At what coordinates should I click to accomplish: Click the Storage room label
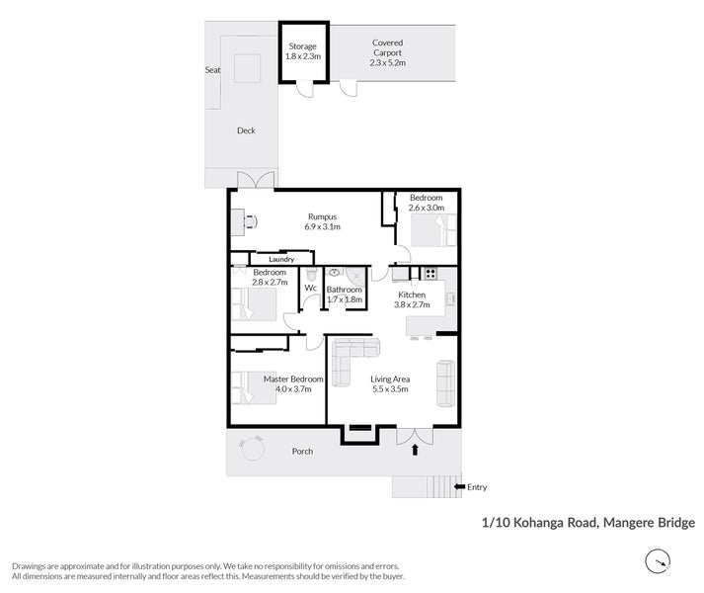click(x=302, y=46)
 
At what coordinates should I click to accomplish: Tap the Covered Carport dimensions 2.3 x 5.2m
click(x=387, y=63)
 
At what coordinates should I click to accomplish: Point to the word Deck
click(x=246, y=130)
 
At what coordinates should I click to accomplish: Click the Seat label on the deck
click(x=213, y=70)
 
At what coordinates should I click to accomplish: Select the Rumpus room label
click(x=322, y=216)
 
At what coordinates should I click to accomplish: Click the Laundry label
click(x=281, y=259)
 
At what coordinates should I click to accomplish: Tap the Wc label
click(x=311, y=288)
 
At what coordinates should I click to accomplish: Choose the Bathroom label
click(x=344, y=290)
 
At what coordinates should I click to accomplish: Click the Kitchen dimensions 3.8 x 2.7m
click(x=412, y=304)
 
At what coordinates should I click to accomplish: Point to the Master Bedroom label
click(x=293, y=379)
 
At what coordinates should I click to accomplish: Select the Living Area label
click(x=390, y=379)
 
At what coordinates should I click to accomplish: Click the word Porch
click(x=302, y=451)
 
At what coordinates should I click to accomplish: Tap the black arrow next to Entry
click(x=459, y=486)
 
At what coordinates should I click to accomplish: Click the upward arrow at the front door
click(x=415, y=450)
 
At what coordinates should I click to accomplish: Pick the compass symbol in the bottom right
click(x=658, y=561)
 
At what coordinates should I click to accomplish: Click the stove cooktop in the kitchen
click(x=430, y=273)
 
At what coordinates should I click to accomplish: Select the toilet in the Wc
click(x=311, y=274)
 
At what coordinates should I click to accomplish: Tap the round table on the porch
click(x=252, y=449)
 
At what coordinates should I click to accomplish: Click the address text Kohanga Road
click(x=555, y=523)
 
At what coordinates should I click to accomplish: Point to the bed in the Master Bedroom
click(x=254, y=387)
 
